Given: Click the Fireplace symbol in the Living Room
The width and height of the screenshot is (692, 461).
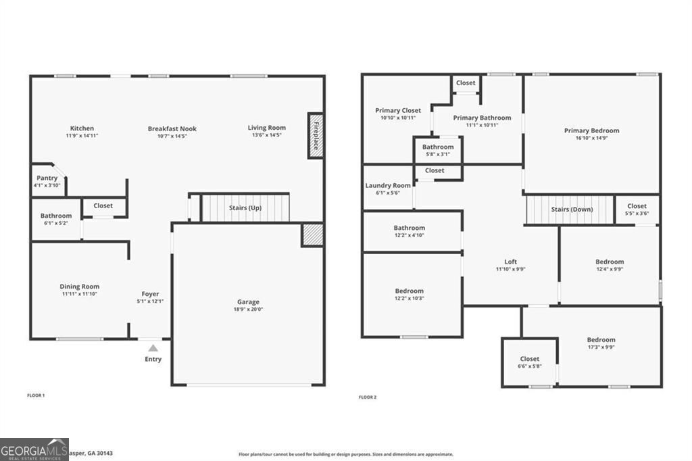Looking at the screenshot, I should coord(316,135).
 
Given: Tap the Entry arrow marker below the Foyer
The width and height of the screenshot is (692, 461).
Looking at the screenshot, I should coord(153,347).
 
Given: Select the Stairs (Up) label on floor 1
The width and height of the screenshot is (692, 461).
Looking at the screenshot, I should coord(245,208).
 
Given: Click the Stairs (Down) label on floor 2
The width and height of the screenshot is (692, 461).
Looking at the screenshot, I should coord(572,210).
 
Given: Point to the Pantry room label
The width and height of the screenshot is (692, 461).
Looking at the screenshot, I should coord(47,178).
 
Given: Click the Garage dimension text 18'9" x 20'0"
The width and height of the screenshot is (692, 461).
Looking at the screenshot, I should coord(248,310).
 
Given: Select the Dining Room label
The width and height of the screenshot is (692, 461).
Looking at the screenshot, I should coord(80,287).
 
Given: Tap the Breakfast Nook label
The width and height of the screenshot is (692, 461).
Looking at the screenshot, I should coord(172,128).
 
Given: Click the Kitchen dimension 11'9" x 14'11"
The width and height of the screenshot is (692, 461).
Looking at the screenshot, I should coord(82,136).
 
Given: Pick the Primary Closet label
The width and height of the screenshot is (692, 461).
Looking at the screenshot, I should coord(398,110).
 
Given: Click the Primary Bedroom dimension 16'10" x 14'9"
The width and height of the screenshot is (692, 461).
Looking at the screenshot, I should coord(591,138).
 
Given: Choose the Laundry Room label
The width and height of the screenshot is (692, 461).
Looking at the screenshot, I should coord(388,185).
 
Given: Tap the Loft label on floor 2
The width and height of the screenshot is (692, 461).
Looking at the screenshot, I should coord(510,262).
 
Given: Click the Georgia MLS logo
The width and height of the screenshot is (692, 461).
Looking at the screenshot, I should coord(34,450).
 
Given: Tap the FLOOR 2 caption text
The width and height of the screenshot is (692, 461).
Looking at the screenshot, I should coord(368,397).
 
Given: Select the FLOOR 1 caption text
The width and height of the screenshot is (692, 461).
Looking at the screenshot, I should coord(36,395).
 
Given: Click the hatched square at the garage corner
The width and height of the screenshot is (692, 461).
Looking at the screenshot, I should coord(312,235).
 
